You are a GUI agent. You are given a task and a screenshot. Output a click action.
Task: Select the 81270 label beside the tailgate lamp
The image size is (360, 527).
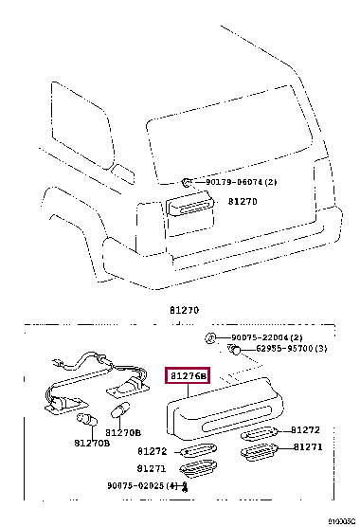[242, 202]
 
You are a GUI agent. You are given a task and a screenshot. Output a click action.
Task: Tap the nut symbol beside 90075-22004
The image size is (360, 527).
[213, 338]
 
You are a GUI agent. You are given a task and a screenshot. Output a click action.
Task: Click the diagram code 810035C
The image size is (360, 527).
[342, 521]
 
